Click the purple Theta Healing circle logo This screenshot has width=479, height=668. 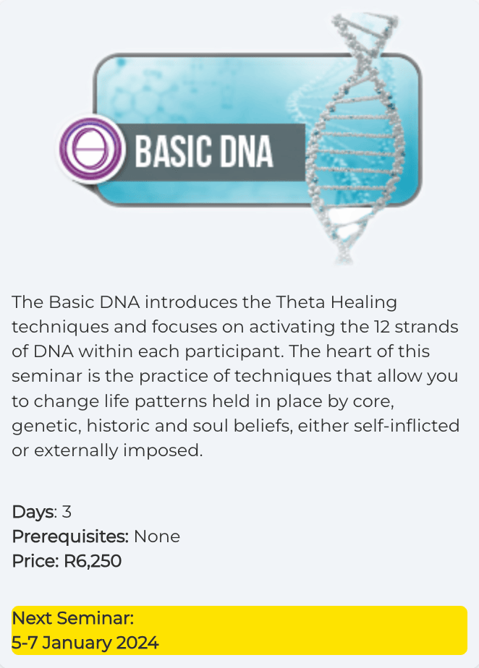coord(91,150)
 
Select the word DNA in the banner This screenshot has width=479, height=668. coord(246,151)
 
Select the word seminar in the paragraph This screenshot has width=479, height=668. coord(47,377)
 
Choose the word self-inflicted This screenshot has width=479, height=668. coord(407,426)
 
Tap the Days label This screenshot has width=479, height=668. coord(34,512)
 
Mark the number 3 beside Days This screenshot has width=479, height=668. coord(67,512)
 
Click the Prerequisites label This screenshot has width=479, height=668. coord(70,536)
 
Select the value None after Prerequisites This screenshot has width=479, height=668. coord(157,536)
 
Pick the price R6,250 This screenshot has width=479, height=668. coord(93,562)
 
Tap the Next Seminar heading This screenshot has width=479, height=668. coord(73,618)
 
